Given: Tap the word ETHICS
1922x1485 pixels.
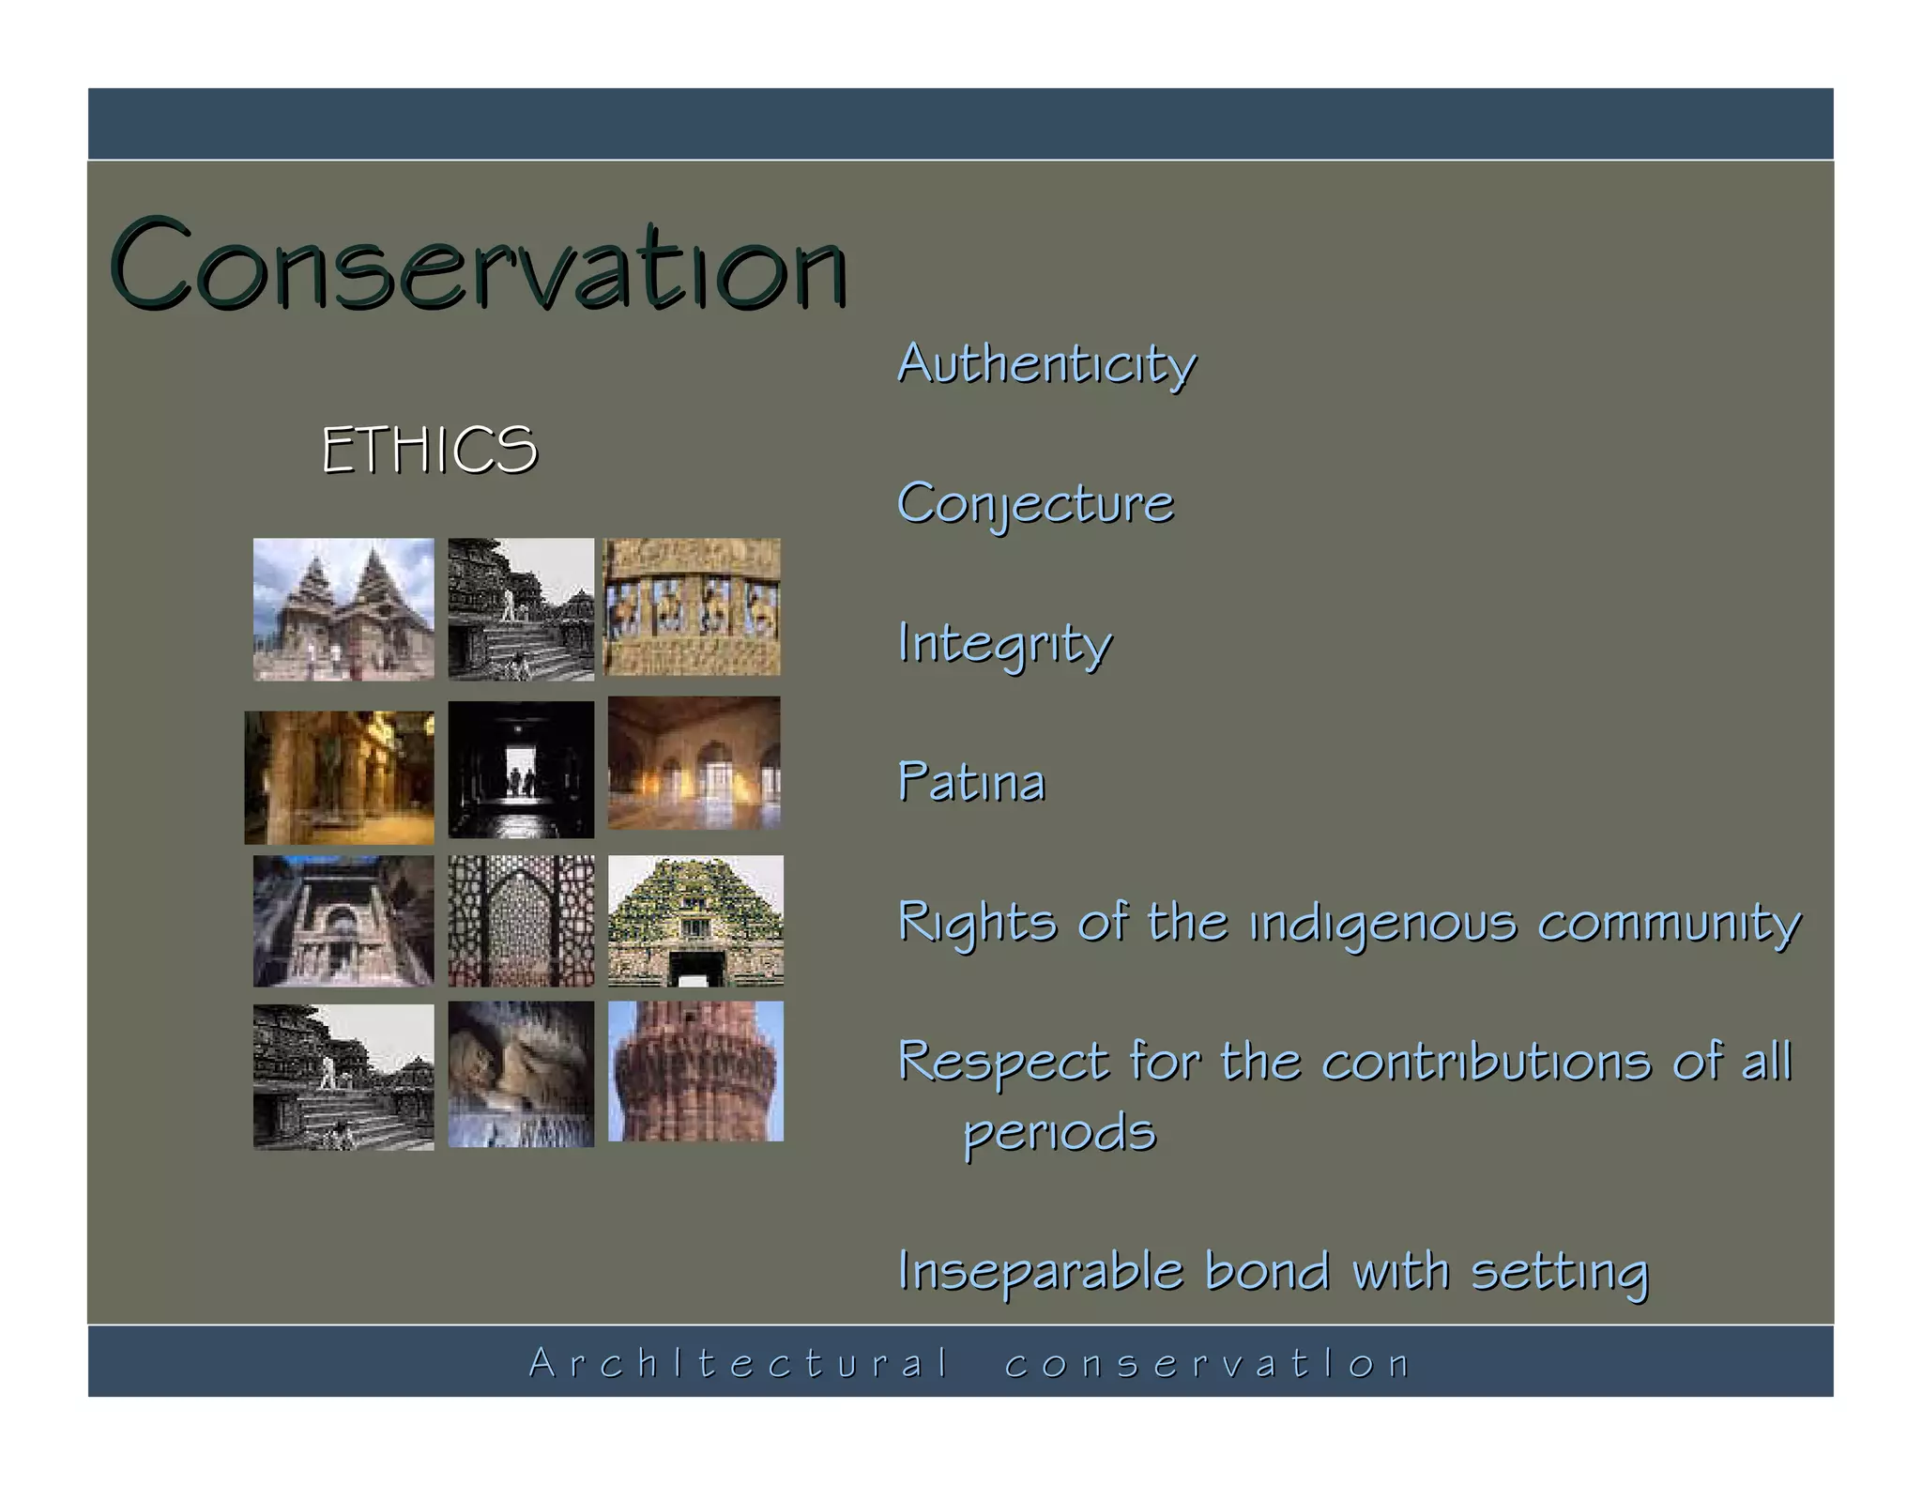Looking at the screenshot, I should pos(429,450).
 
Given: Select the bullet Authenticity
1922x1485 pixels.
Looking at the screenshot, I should pos(1045,363).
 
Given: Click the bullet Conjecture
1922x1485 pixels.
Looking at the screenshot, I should pos(1034,504).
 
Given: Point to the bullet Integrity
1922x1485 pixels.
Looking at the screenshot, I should pos(1003,644).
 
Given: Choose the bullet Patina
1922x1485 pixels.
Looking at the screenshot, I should pos(970,783).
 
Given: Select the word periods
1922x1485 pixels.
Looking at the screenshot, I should pos(1060,1133).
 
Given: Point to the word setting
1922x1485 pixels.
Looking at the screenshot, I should pos(1559,1272).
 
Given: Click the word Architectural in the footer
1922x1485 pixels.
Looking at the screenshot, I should pos(739,1363).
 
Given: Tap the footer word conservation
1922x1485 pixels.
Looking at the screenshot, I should pos(1207,1363).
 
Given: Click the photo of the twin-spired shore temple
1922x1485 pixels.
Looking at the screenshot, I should pos(343,608).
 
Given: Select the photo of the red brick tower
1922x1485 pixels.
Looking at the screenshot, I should pos(695,1071).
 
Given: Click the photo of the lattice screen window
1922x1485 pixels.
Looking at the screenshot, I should pos(521,920).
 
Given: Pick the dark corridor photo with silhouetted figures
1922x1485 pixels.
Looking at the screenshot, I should pos(521,769).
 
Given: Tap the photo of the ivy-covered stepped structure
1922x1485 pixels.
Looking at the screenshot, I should pos(695,920).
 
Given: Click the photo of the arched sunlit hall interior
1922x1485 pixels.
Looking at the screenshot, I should pos(694,762).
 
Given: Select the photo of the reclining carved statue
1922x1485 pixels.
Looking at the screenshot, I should pos(521,1074).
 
